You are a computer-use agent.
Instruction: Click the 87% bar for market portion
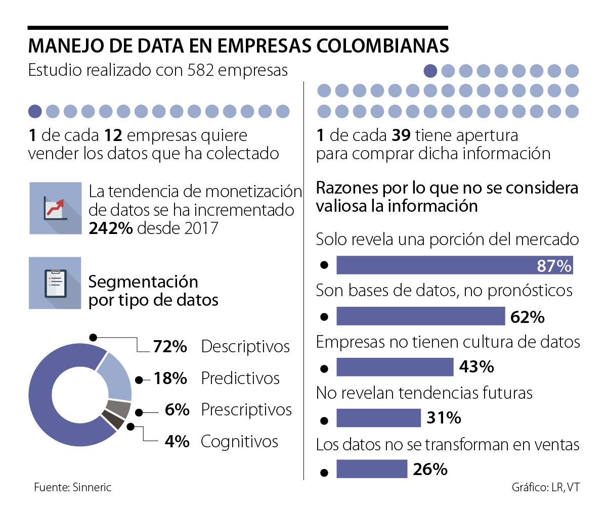click(x=454, y=265)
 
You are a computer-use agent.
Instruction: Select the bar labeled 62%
click(x=420, y=316)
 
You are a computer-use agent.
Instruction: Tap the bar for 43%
click(x=395, y=367)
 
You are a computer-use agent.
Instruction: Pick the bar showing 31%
click(x=378, y=418)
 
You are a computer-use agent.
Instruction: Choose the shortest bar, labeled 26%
click(x=371, y=469)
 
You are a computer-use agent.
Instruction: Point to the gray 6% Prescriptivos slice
click(x=119, y=409)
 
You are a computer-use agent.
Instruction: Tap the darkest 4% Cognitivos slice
click(x=112, y=420)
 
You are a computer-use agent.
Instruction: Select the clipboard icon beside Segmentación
click(x=55, y=283)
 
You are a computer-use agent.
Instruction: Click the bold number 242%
click(x=111, y=228)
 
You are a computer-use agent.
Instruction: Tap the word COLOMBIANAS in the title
click(x=382, y=46)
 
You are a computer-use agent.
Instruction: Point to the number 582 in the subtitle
click(x=202, y=70)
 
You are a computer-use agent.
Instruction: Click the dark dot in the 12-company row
click(x=35, y=111)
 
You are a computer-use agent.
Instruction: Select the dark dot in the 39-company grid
click(x=430, y=71)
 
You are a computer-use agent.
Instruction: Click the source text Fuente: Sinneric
click(x=72, y=488)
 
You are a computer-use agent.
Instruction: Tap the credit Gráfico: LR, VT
click(x=545, y=488)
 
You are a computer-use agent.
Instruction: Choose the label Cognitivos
click(x=239, y=442)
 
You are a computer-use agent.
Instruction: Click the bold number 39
click(x=401, y=135)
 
